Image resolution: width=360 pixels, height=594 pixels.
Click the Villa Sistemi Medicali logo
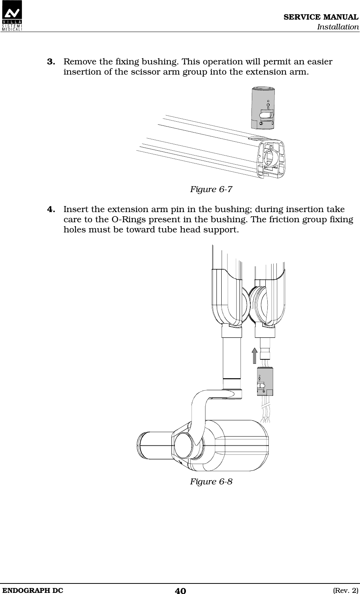[x=12, y=15]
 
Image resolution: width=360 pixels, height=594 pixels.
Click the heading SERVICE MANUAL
[x=321, y=17]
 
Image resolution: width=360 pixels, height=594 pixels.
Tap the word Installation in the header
[x=337, y=27]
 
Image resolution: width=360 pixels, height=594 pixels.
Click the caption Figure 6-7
[x=211, y=189]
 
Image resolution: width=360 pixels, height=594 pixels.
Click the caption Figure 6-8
[x=211, y=482]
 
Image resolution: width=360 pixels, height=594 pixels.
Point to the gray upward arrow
[x=255, y=356]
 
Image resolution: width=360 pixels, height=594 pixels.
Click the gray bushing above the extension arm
[x=264, y=108]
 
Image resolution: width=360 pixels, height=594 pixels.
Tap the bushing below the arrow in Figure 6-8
[x=265, y=381]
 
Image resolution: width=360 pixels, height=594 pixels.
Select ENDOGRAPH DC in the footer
[x=32, y=590]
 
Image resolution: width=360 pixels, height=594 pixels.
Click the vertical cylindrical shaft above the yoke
[x=231, y=358]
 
